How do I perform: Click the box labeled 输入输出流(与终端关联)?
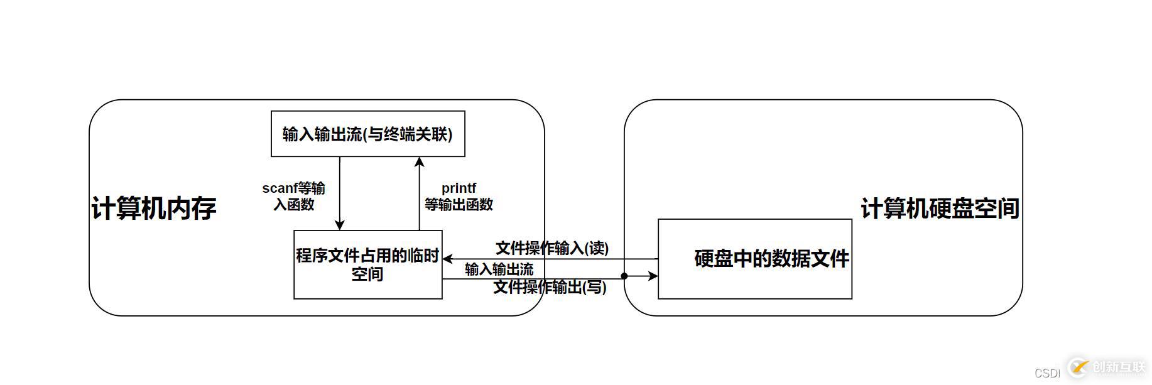coord(367,134)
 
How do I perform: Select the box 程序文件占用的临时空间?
coord(367,264)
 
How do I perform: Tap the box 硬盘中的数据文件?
coord(754,259)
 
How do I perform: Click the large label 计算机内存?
coord(154,209)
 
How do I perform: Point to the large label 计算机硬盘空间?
coord(940,209)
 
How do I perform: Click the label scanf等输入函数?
coord(294,196)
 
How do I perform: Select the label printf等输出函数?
coord(459,196)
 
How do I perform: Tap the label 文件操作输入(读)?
coord(552,248)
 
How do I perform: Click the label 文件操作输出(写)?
coord(550,287)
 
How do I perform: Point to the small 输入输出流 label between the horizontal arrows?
coord(499,269)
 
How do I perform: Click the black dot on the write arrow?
coord(624,276)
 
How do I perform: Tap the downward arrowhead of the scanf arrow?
coord(340,225)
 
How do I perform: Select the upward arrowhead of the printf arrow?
coord(420,162)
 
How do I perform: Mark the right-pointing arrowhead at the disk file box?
coord(653,276)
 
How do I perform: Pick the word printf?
coord(459,188)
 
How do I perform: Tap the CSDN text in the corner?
coord(1047,373)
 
